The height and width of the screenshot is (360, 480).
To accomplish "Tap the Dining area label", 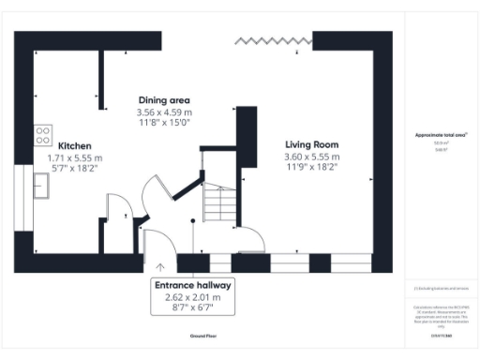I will point(163,100).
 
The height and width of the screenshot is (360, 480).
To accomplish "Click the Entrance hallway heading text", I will point(193,285).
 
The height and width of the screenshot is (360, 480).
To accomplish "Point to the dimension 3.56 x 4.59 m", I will point(163,112).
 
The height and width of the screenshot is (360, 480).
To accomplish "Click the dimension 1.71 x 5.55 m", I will point(74,158).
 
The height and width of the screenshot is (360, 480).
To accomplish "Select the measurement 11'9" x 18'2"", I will point(311,167).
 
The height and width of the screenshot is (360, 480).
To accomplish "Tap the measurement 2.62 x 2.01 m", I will point(193,297).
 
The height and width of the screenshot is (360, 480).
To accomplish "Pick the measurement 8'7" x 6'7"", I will point(193,307).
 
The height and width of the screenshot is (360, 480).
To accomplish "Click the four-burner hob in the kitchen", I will point(43,135).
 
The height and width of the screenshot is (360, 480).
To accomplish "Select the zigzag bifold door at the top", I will point(273,40).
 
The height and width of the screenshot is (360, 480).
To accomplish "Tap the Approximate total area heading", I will point(441,135).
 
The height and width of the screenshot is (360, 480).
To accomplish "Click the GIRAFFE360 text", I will point(441,332).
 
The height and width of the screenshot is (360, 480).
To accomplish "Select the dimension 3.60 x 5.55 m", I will point(311,157).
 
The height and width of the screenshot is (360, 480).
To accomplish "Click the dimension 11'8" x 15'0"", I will point(163,122).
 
